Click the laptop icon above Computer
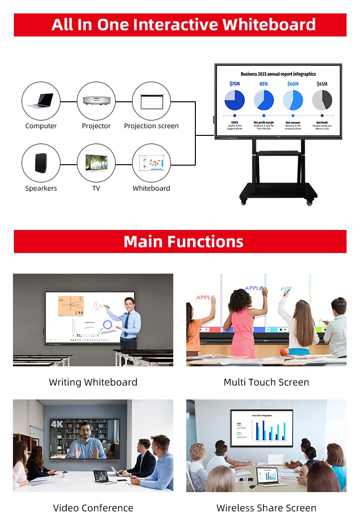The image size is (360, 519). [41, 101]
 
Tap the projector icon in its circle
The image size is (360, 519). [96, 101]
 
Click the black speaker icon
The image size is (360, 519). [41, 163]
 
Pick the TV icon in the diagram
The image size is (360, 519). [96, 163]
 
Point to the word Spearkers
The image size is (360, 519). [41, 188]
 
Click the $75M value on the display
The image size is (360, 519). [234, 84]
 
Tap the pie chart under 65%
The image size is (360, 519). [264, 100]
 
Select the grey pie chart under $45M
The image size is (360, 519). [322, 100]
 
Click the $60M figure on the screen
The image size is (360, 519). [293, 84]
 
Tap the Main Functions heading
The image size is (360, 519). [183, 241]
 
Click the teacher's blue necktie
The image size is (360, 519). [126, 325]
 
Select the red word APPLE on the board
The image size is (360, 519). [205, 297]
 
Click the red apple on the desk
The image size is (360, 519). [284, 352]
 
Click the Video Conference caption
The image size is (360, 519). [93, 507]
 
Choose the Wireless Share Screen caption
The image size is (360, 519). [266, 507]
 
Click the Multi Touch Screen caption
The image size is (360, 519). [266, 382]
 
